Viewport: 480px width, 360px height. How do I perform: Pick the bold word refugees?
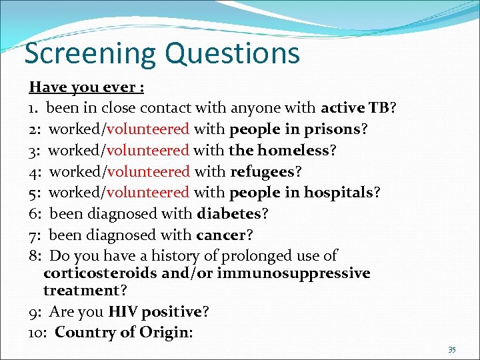click(262, 171)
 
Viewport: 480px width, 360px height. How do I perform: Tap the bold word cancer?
click(221, 235)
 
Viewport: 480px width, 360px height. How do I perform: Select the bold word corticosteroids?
click(100, 273)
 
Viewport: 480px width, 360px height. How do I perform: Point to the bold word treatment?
click(80, 291)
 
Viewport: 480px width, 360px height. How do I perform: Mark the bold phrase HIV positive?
click(155, 312)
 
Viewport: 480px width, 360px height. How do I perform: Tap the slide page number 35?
click(452, 349)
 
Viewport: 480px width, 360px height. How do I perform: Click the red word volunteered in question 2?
click(148, 129)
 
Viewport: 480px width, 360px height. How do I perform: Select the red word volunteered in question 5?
click(148, 193)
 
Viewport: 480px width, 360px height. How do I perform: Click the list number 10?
click(37, 333)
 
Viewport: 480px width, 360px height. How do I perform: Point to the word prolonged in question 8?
click(243, 256)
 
